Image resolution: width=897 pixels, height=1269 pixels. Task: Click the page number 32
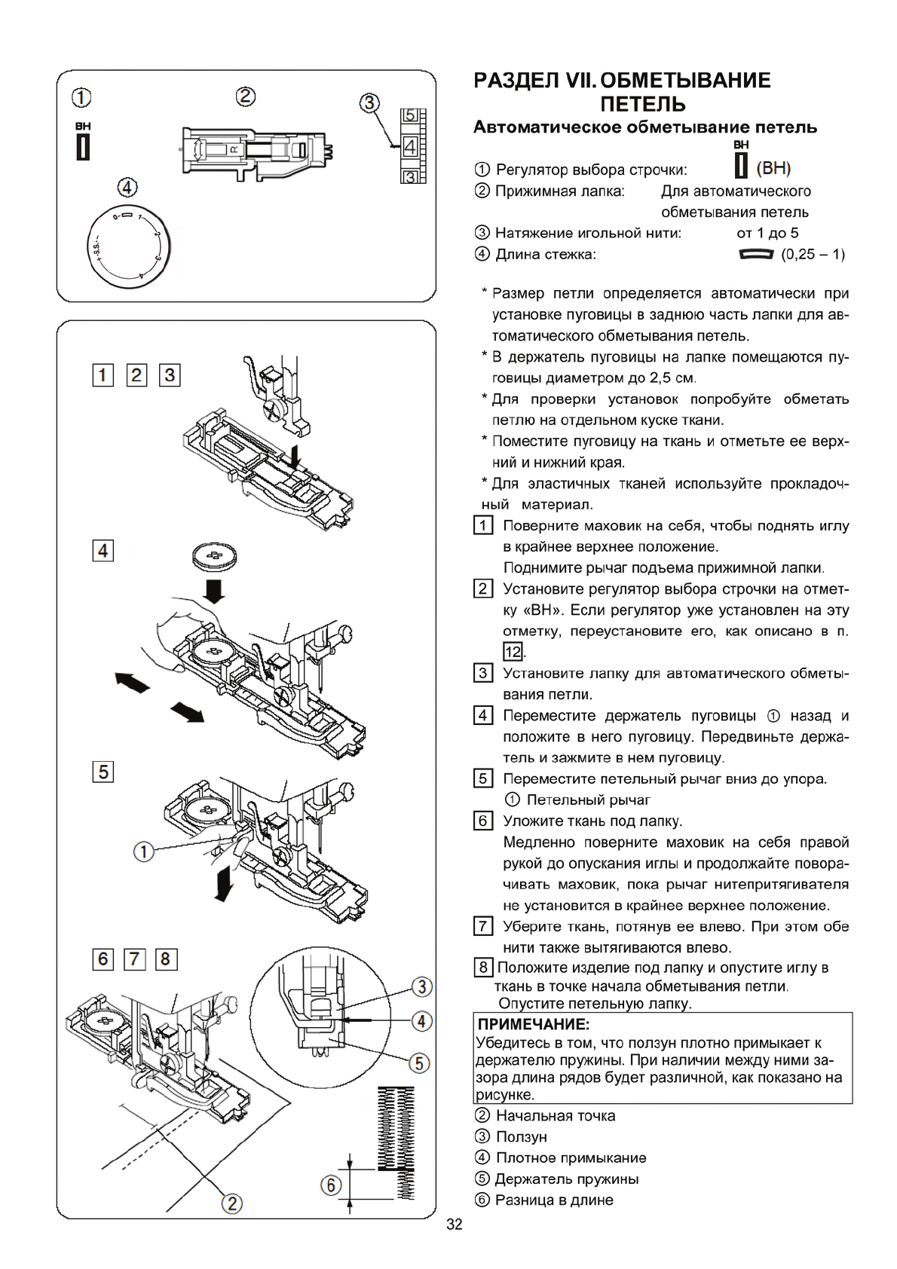tap(454, 1224)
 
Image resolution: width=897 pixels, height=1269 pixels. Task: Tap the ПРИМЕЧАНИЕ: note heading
tap(533, 1024)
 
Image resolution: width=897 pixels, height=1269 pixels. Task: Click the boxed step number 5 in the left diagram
tap(103, 772)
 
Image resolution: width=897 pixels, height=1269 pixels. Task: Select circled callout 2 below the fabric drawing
tap(233, 1203)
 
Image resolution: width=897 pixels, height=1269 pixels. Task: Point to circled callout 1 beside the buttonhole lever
tap(142, 852)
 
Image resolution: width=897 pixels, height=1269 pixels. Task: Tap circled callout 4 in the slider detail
tap(421, 1021)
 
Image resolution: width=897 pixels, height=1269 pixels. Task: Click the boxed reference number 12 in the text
tap(513, 652)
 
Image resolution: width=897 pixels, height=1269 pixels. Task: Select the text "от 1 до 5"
tap(767, 233)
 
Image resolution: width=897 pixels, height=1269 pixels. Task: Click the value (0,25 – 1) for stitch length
tap(813, 254)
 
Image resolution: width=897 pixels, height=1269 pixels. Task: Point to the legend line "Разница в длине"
tap(553, 1200)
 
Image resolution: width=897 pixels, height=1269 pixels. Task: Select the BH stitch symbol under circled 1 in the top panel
tap(83, 145)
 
